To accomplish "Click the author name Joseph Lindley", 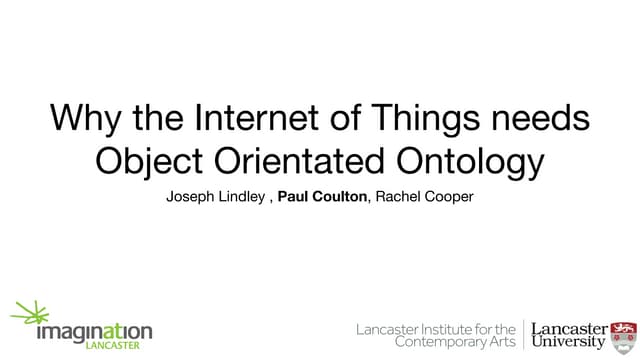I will pos(214,197).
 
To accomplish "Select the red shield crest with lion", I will pos(623,334).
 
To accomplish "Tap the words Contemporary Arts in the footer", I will pos(456,343).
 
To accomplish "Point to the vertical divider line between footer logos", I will pos(524,335).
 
